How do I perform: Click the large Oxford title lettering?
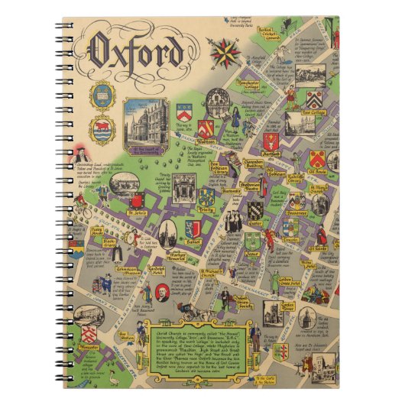pos(138,52)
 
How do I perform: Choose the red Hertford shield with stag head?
pos(269,141)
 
